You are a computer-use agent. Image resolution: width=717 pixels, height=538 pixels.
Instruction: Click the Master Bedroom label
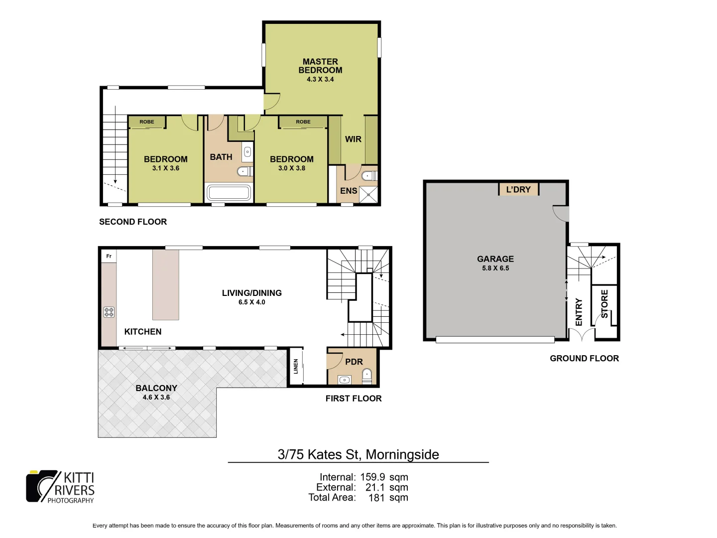(x=320, y=66)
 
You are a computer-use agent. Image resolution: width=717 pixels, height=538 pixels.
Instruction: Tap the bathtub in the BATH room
(x=229, y=192)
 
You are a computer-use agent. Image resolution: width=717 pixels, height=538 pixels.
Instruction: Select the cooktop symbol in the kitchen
(x=109, y=312)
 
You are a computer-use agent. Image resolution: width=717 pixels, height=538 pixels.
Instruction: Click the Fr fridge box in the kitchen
(x=109, y=256)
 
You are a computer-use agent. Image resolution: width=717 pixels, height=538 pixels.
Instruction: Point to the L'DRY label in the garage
(x=518, y=189)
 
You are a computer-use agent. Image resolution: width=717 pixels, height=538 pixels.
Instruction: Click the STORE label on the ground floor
(x=604, y=304)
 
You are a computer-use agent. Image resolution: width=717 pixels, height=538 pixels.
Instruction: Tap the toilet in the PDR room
(x=367, y=376)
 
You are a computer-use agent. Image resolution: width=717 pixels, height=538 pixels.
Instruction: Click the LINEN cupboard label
(x=296, y=366)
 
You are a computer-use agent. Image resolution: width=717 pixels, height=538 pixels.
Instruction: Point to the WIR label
(x=353, y=139)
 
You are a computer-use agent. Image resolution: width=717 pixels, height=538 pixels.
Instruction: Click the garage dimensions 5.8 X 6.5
(x=495, y=268)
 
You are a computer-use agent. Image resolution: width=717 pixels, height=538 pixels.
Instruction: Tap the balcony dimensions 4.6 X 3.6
(x=156, y=397)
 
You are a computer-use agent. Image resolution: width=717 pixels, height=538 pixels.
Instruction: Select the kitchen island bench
(x=165, y=284)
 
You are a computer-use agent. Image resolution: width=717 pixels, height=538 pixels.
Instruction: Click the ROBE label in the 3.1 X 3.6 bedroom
(x=146, y=122)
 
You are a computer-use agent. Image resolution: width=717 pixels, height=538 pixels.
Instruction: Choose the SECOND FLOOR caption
(x=133, y=222)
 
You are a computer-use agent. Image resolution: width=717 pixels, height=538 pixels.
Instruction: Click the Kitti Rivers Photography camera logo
(x=42, y=486)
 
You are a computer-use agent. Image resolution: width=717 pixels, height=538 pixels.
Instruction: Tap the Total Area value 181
(x=377, y=497)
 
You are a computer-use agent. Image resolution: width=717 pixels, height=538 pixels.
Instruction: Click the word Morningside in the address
(x=402, y=454)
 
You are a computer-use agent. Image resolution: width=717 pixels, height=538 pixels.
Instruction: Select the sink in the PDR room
(x=344, y=380)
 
